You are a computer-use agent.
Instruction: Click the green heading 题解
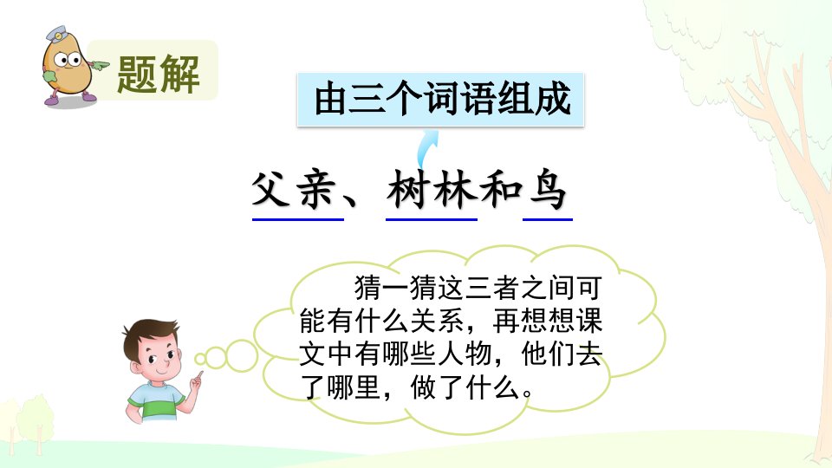pos(158,74)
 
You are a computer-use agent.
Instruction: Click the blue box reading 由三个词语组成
pos(440,100)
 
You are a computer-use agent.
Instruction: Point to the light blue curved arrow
pos(426,150)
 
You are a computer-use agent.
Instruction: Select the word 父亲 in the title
pos(294,190)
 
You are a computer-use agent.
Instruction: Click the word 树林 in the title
pos(431,190)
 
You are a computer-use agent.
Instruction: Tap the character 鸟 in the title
pos(548,190)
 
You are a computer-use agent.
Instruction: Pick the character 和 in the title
pos(501,190)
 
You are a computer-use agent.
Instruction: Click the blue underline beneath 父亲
pos(297,218)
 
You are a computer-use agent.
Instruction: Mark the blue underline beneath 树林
pos(432,218)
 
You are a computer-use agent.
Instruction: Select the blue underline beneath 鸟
pos(548,218)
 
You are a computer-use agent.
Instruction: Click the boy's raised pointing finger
pos(200,375)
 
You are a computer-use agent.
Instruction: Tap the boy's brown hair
pos(148,335)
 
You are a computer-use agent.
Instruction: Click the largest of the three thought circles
pos(242,355)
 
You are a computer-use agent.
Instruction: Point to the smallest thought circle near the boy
pos(200,359)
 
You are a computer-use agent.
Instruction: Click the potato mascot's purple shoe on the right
pos(88,96)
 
